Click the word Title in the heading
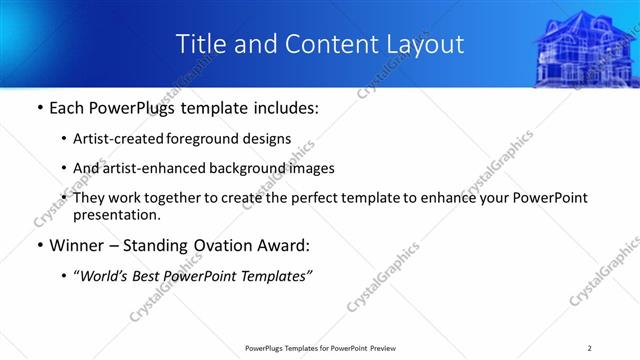point(200,44)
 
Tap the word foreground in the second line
point(218,140)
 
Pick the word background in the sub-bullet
point(260,169)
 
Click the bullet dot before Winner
point(39,246)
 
